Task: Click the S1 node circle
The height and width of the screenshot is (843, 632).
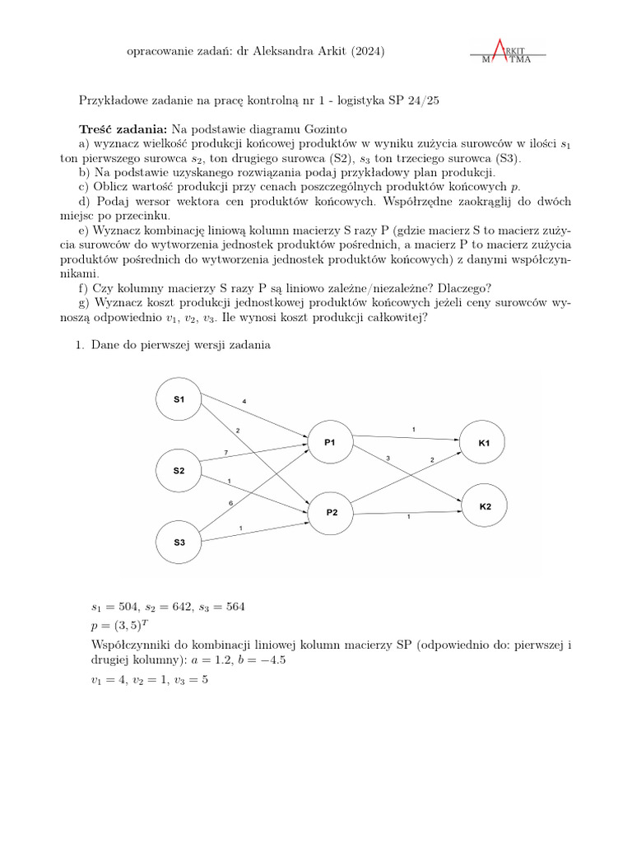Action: (x=179, y=399)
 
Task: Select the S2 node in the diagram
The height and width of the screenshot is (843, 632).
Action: (x=179, y=471)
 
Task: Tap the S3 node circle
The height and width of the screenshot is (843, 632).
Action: (x=179, y=543)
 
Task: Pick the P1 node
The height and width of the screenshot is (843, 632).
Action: (x=330, y=442)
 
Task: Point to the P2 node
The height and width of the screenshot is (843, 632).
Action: (x=332, y=511)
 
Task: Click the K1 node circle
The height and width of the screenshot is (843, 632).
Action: (x=484, y=443)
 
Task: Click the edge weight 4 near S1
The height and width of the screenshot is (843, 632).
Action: (x=244, y=401)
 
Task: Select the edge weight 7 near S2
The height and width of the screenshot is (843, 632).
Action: (x=225, y=454)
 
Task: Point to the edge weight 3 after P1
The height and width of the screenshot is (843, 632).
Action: (x=388, y=458)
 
